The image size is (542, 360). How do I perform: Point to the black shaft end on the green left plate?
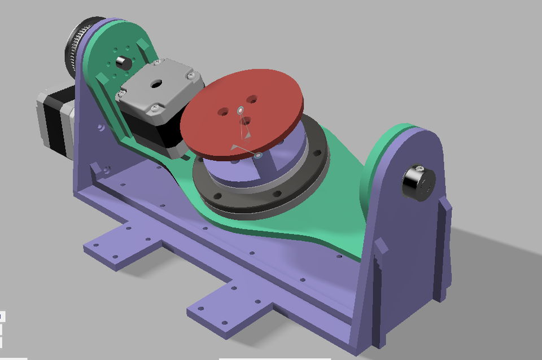(x=121, y=60)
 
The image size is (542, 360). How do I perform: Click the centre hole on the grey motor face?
(x=155, y=83)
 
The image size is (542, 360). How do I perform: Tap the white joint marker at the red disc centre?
(x=240, y=109)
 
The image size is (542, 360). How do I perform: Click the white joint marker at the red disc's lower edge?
(x=259, y=155)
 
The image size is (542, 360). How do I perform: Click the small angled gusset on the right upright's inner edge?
(x=379, y=248)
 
